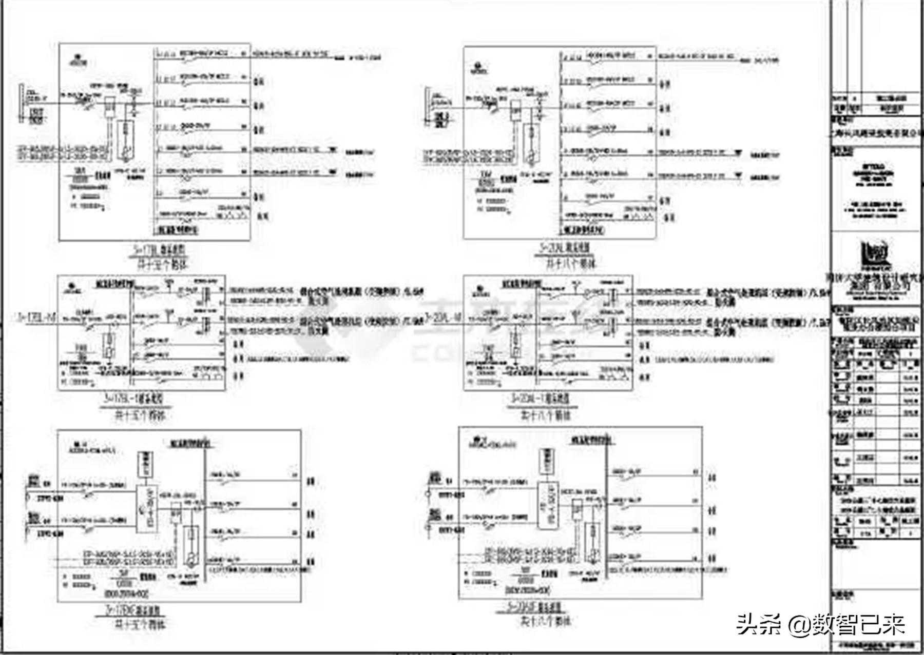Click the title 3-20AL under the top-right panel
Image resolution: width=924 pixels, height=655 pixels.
coord(564,248)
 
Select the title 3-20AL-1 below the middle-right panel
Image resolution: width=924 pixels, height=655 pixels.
coord(539,398)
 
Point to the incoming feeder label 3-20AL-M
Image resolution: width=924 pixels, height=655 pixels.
coord(443,318)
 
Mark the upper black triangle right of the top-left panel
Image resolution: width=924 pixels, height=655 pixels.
coord(333,150)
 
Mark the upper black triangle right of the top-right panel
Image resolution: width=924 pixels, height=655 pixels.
coord(739,152)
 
